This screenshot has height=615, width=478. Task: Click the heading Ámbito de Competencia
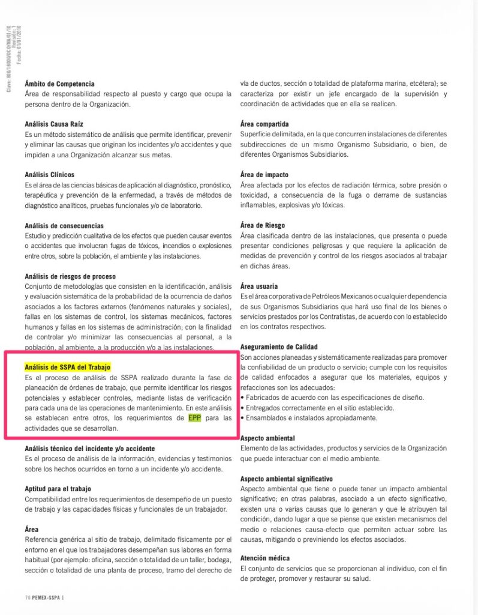point(59,84)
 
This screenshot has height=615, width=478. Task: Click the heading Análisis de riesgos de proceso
point(70,276)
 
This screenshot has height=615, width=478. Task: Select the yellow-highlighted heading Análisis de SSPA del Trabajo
point(68,367)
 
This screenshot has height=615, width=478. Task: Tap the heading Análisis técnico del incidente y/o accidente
point(90,449)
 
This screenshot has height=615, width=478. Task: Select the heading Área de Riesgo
point(263,225)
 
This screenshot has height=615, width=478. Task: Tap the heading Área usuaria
point(259,286)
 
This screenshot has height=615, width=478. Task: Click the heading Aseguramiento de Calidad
point(279,347)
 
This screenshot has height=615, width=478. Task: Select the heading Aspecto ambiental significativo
point(287,479)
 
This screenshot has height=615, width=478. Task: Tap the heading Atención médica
point(264,559)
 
